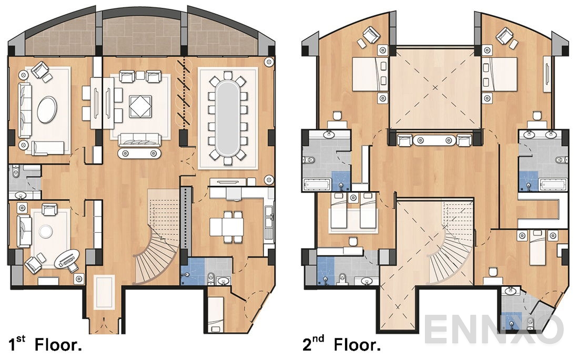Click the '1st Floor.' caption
pos(45,346)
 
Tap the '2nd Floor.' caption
pos(341,346)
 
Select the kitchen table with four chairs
pos(226,227)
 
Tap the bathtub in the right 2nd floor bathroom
pos(552,185)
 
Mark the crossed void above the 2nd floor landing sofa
pos(434,87)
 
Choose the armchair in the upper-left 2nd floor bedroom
pos(369,37)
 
